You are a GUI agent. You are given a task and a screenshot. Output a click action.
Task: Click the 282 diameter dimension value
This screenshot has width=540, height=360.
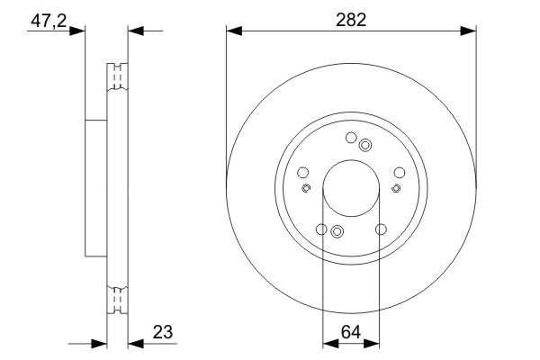point(351,20)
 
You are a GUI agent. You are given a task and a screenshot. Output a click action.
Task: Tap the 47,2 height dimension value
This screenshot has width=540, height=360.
point(49,21)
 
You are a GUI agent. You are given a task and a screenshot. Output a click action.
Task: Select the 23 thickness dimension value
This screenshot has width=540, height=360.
point(163,332)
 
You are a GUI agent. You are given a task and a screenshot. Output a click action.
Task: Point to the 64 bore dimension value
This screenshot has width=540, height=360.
point(351,332)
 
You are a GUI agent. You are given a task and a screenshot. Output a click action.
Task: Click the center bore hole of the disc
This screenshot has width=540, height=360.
point(351,188)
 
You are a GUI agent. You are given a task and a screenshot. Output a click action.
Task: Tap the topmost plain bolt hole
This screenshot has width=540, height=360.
point(351,138)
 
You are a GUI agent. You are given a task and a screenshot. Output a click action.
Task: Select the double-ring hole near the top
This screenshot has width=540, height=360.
point(364,145)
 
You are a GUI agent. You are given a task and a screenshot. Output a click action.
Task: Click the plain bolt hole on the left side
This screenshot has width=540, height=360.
point(302,173)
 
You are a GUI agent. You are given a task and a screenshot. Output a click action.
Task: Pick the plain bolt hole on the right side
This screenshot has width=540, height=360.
point(399,173)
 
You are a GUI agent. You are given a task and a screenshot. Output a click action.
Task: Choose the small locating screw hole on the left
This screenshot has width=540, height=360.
point(306,188)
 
